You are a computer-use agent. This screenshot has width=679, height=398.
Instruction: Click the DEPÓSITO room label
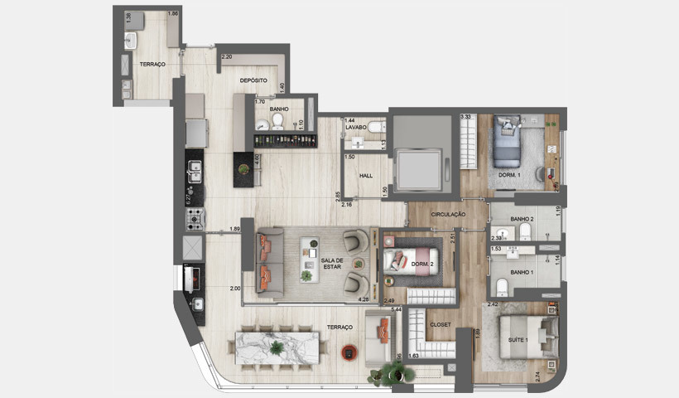point(253,80)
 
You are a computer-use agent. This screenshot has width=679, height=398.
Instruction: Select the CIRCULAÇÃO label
point(448,215)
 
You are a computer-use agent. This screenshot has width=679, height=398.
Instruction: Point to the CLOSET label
point(441,324)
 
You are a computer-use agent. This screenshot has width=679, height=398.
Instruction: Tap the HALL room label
point(365,176)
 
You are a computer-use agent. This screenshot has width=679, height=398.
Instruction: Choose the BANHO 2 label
point(522,219)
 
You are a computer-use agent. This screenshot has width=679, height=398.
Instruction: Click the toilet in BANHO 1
point(502,287)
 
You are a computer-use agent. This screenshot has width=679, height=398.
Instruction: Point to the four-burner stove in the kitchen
point(195,219)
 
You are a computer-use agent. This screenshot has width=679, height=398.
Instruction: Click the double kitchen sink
point(195,172)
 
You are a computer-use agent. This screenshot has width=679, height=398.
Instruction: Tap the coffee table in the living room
point(312,250)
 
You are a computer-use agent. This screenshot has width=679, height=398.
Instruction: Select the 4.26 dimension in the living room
point(363,298)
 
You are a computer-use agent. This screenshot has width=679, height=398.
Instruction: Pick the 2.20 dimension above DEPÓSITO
point(226,57)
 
